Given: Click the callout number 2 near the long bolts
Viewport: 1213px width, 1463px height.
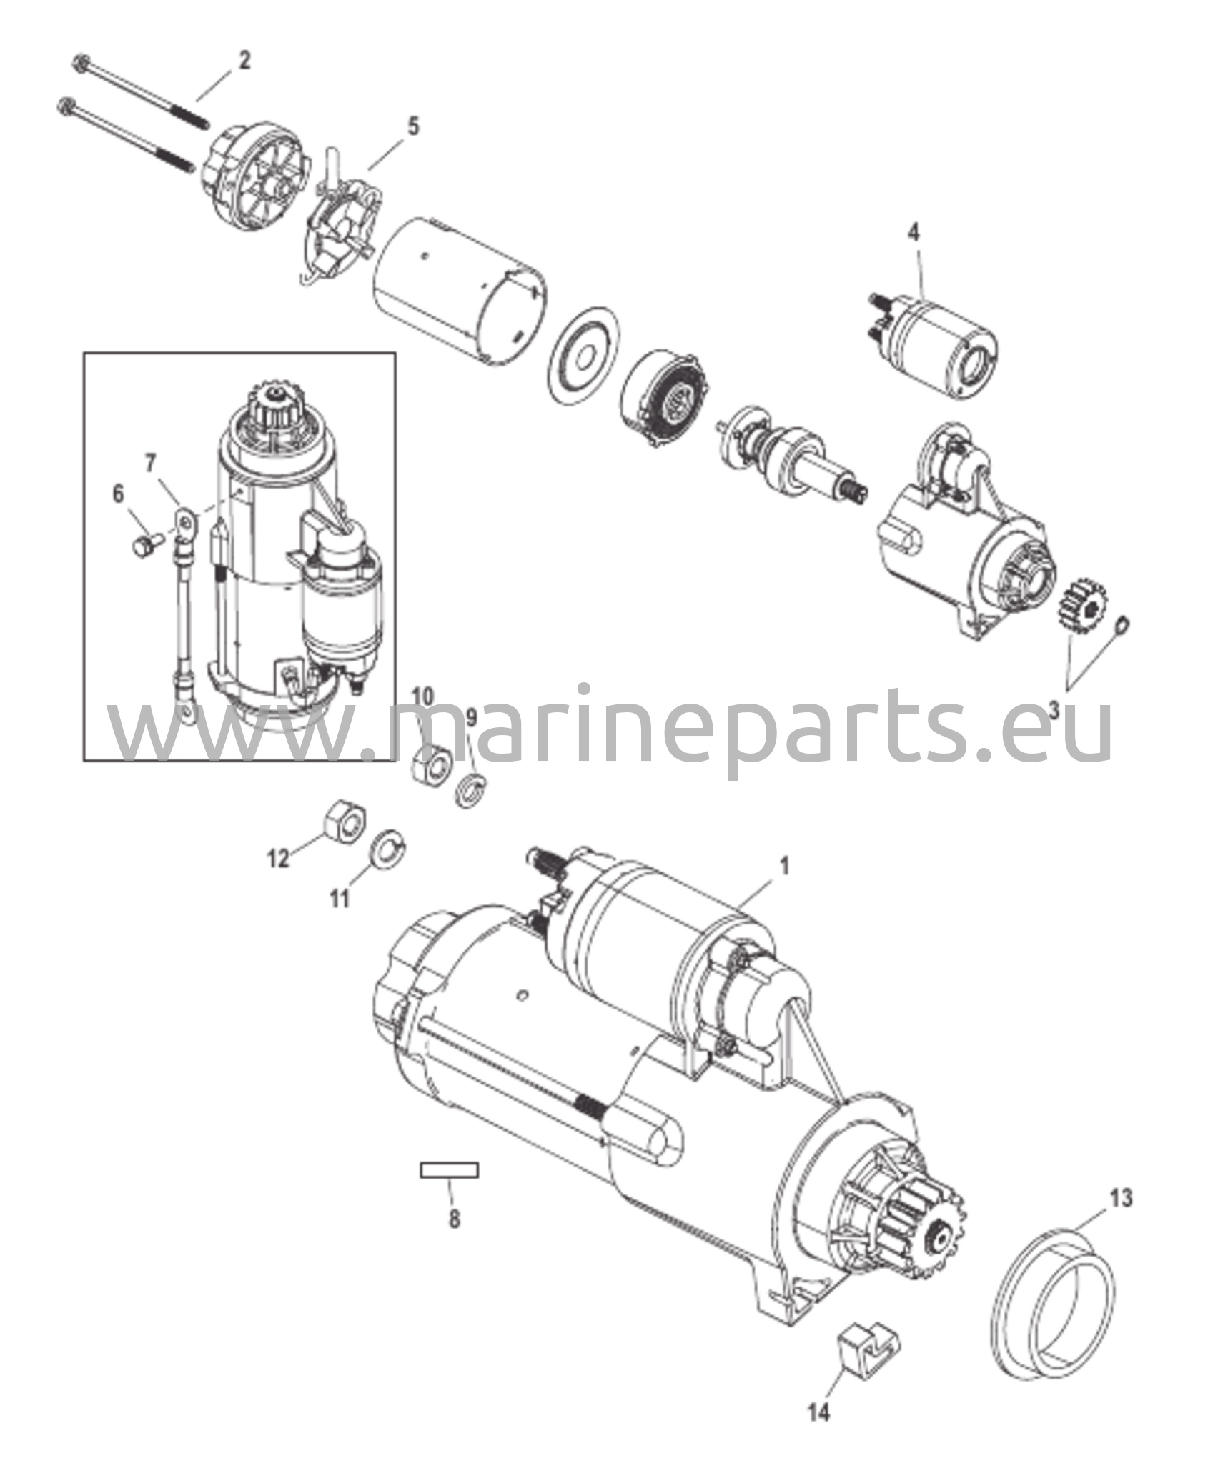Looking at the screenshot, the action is click(x=244, y=61).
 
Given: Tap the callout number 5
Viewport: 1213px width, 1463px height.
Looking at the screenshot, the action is click(x=413, y=127).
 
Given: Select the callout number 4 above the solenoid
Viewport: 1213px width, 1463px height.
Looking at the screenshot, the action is click(x=914, y=233).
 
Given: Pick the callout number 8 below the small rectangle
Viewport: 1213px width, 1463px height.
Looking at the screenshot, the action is click(x=455, y=1218).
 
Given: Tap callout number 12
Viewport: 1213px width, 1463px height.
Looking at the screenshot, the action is click(x=278, y=858).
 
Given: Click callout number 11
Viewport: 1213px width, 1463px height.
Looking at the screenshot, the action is click(x=340, y=898).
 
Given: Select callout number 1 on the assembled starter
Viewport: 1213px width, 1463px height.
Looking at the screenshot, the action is click(x=784, y=867).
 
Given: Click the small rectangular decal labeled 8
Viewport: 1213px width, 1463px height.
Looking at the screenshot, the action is click(x=449, y=1170).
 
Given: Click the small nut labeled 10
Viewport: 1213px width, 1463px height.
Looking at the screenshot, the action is click(x=431, y=764).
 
